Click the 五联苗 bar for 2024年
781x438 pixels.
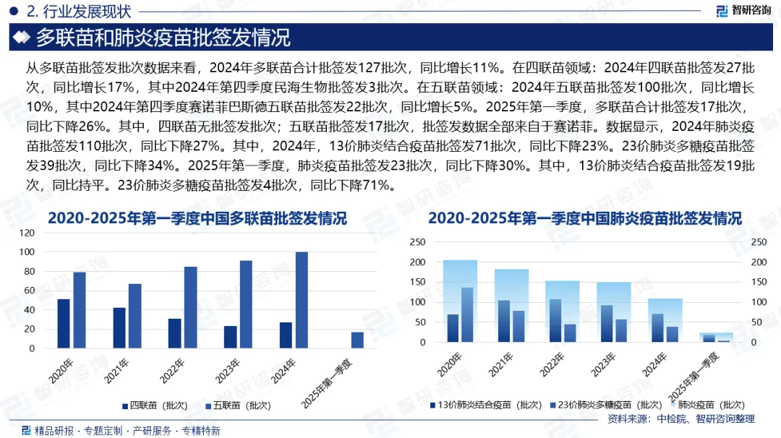[x=302, y=300]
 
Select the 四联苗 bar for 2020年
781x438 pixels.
[x=64, y=323]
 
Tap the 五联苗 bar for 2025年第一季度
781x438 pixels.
[x=357, y=340]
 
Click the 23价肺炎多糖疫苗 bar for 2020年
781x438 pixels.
[x=467, y=314]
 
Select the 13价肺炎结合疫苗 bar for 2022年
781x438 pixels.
[x=555, y=320]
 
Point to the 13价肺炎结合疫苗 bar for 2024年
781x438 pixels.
[x=658, y=327]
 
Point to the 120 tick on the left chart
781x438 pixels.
[x=27, y=233]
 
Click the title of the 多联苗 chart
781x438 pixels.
[x=197, y=218]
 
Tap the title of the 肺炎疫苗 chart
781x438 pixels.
[x=585, y=218]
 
